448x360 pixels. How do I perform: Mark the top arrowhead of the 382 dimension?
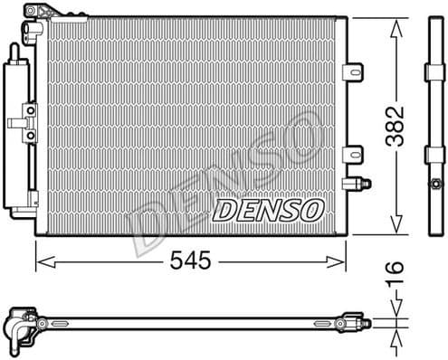[x=396, y=25]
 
